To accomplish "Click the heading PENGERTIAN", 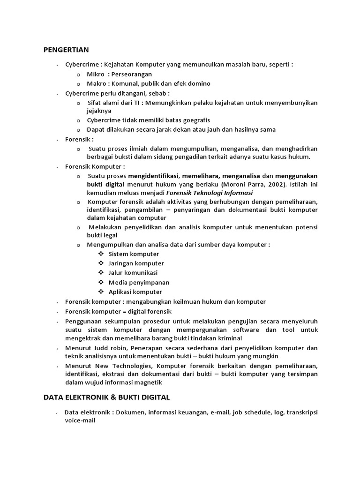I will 66,49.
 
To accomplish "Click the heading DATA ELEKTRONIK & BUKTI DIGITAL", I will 106,397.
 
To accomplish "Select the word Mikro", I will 96,74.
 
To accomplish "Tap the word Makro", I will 97,83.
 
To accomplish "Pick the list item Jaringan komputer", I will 136,263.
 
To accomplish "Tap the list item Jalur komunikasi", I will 133,272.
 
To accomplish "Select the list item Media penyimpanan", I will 139,282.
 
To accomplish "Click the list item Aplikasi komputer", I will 135,292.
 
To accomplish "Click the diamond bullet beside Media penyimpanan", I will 101,282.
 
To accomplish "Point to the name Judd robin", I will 112,348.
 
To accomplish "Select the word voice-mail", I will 80,420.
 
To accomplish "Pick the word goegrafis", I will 193,120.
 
